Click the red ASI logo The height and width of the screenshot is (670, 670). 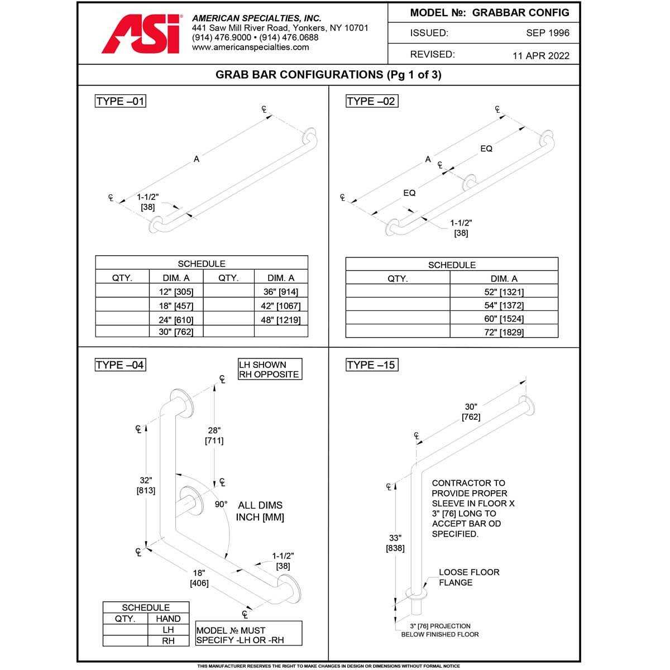point(141,34)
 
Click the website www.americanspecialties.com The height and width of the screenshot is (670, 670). point(250,47)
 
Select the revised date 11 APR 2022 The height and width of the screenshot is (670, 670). point(540,55)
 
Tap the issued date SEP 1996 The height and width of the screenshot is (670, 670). point(547,33)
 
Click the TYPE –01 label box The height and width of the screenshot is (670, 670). point(121,101)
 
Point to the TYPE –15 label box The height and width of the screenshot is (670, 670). point(372,365)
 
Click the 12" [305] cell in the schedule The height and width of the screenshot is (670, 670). point(176,291)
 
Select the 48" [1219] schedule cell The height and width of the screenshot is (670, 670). point(281,320)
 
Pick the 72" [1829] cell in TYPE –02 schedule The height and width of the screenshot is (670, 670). point(504,332)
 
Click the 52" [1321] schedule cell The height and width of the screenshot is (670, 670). point(504,291)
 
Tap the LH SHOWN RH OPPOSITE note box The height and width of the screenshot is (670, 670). point(270,370)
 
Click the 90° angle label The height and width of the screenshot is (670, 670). point(221,504)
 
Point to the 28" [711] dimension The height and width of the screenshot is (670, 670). point(214,435)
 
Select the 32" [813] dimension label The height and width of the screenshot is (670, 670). point(146,485)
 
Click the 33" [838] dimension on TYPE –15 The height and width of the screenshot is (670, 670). point(395,543)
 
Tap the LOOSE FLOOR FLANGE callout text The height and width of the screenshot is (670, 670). point(468,577)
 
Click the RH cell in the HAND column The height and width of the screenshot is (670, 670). point(168,641)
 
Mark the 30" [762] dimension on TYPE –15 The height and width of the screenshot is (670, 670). point(471,412)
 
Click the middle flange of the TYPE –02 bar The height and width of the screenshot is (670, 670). point(470,181)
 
